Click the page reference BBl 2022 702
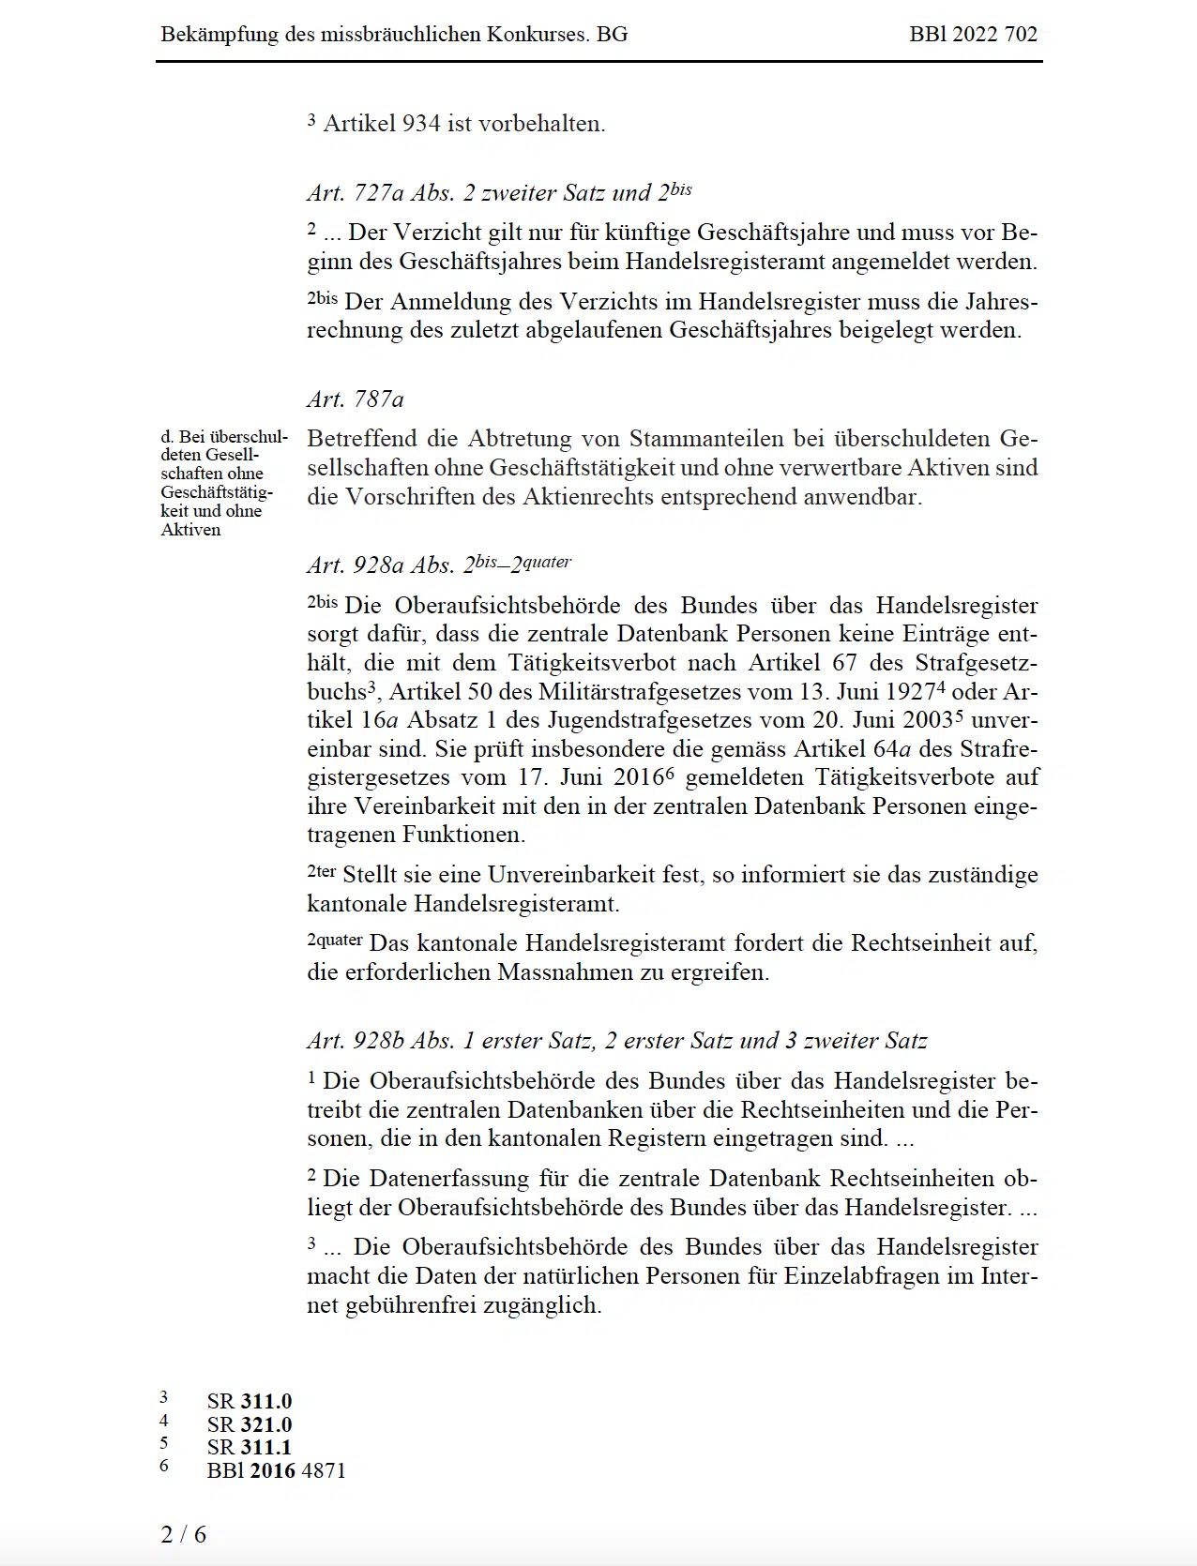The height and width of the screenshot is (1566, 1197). point(973,35)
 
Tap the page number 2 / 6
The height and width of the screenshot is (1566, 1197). point(184,1534)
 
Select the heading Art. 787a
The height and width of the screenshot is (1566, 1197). point(356,399)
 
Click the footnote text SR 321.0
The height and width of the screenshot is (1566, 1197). point(250,1424)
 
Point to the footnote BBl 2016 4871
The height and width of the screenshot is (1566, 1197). point(276,1470)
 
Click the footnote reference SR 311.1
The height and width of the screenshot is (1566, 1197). point(250,1447)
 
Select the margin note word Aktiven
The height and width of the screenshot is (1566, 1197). point(190,530)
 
